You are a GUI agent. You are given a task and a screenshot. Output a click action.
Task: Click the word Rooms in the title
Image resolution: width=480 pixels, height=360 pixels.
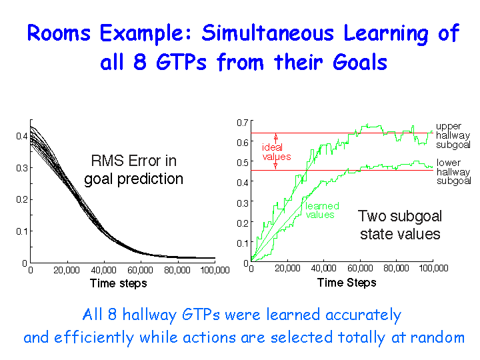pyautogui.click(x=59, y=33)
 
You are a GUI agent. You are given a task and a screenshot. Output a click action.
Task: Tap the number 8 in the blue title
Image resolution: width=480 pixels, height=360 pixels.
pyautogui.click(x=139, y=62)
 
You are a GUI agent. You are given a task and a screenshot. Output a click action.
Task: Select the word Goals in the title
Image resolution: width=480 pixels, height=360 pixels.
pyautogui.click(x=360, y=62)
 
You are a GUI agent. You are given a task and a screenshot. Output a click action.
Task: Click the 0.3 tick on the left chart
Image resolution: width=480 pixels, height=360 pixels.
pyautogui.click(x=22, y=168)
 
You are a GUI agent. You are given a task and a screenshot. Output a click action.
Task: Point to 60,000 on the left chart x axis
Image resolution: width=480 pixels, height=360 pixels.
pyautogui.click(x=140, y=270)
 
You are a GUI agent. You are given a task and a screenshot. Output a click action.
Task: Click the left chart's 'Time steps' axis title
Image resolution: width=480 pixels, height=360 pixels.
pyautogui.click(x=118, y=283)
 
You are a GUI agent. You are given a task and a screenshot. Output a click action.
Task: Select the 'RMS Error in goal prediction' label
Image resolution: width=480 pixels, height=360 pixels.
pyautogui.click(x=134, y=170)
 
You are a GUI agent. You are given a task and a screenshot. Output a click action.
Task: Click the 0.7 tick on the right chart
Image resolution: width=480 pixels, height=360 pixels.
pyautogui.click(x=243, y=123)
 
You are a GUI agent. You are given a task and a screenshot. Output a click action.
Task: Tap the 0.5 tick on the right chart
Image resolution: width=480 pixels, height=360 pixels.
pyautogui.click(x=243, y=163)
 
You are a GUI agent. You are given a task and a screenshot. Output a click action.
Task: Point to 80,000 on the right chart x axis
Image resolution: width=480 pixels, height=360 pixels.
pyautogui.click(x=396, y=269)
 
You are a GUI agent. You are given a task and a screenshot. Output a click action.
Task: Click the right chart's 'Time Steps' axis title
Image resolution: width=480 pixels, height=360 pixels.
pyautogui.click(x=347, y=282)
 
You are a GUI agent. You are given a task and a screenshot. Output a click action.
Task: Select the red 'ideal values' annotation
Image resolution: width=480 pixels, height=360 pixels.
pyautogui.click(x=277, y=152)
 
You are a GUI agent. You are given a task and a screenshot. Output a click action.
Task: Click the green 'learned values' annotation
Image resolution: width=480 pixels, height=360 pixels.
pyautogui.click(x=322, y=210)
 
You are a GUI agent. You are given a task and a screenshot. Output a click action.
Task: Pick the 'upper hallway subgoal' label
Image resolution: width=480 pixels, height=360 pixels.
pyautogui.click(x=453, y=135)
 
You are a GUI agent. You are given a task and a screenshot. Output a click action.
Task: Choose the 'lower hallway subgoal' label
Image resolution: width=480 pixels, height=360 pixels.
pyautogui.click(x=454, y=172)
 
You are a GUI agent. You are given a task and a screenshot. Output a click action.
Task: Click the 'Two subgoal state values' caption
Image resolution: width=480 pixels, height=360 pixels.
pyautogui.click(x=400, y=225)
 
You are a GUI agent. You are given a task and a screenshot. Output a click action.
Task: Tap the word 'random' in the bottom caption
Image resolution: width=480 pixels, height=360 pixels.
pyautogui.click(x=437, y=337)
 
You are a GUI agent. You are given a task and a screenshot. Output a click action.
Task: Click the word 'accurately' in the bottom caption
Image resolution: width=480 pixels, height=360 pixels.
pyautogui.click(x=363, y=315)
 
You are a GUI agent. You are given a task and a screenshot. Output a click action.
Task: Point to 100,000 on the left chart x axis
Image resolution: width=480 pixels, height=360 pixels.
pyautogui.click(x=215, y=270)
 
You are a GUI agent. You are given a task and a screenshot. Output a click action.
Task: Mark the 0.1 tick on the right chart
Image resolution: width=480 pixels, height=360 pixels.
pyautogui.click(x=243, y=243)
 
